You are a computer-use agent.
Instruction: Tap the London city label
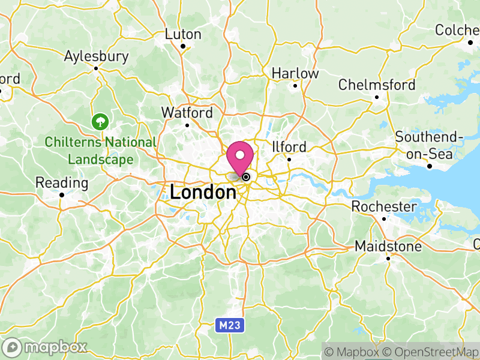203,193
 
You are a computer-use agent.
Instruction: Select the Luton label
183,34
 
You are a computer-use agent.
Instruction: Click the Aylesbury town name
97,56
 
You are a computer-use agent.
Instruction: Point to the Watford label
187,113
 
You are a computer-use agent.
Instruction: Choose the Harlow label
295,73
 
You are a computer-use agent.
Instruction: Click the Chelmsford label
377,85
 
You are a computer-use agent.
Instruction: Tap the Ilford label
289,147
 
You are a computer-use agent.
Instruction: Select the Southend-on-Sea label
429,145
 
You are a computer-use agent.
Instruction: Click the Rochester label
384,206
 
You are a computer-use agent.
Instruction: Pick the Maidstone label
388,246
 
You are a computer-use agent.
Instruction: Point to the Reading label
62,182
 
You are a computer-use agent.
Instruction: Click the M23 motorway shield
223,325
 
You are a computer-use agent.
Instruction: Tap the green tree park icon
100,122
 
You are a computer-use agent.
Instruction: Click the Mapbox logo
46,347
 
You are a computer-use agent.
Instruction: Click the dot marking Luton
183,46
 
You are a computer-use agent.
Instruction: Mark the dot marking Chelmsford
377,97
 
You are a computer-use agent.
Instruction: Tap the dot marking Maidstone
388,258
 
